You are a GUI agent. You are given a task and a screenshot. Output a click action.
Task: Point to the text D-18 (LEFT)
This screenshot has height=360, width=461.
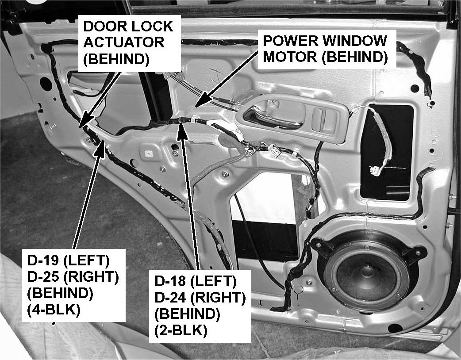coord(196,280)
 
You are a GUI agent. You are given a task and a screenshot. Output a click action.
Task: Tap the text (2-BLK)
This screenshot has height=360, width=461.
coord(182,331)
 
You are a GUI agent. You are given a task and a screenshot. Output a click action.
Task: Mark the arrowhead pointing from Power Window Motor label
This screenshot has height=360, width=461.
coord(200,103)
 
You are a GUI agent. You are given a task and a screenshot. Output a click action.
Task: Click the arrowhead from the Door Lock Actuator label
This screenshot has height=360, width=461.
coord(84,123)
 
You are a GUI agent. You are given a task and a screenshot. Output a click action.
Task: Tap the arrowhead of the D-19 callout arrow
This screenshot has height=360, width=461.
coord(102,144)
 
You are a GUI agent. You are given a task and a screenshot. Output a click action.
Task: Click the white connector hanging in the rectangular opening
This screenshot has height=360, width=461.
coord(376,169)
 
